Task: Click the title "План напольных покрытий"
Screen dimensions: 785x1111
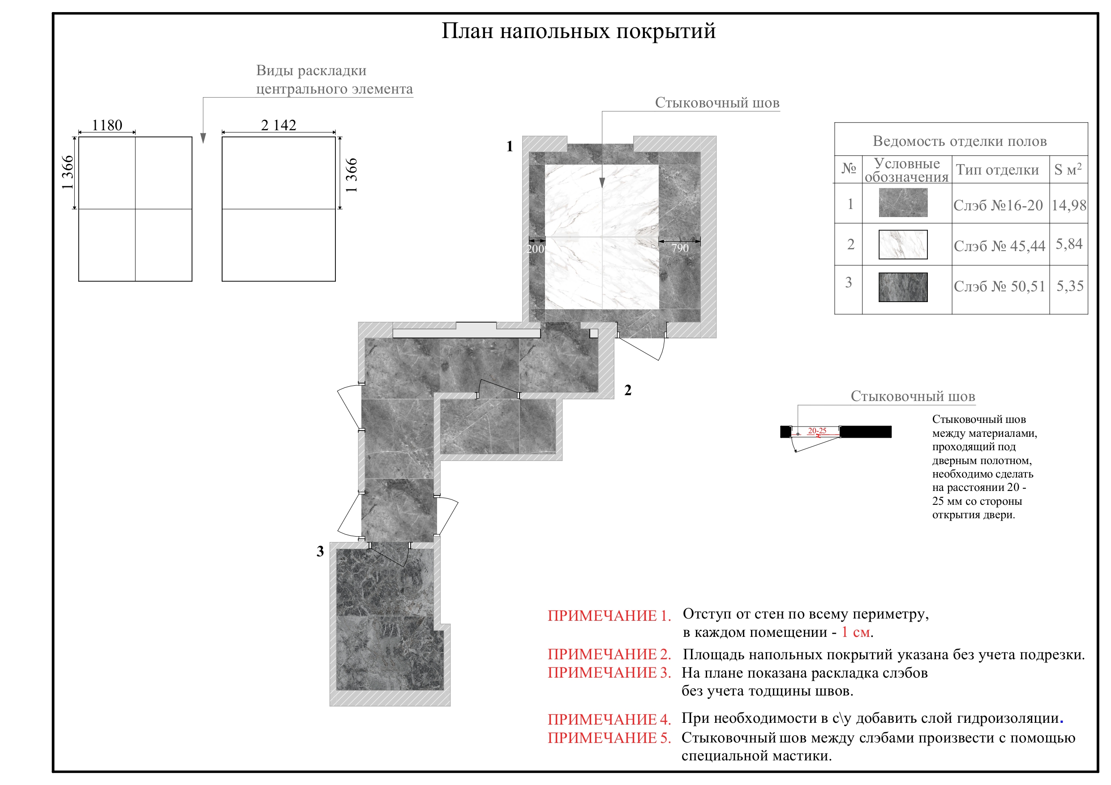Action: pyautogui.click(x=578, y=31)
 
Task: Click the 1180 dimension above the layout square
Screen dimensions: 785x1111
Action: pyautogui.click(x=107, y=125)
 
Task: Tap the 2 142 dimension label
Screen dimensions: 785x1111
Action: pyautogui.click(x=278, y=125)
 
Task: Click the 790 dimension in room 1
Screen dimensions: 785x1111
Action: pyautogui.click(x=679, y=248)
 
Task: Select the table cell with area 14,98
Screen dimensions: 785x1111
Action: pyautogui.click(x=1068, y=205)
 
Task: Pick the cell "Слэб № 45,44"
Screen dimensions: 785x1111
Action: pyautogui.click(x=999, y=246)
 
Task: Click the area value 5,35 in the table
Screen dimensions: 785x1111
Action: pyautogui.click(x=1069, y=286)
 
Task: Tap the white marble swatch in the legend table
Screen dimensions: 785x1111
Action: pyautogui.click(x=902, y=245)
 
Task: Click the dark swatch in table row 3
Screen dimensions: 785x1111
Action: pyautogui.click(x=902, y=287)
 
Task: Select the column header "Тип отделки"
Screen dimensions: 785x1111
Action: pyautogui.click(x=997, y=170)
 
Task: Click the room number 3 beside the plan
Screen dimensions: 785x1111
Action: pyautogui.click(x=320, y=551)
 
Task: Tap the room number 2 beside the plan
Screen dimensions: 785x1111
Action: pyautogui.click(x=628, y=390)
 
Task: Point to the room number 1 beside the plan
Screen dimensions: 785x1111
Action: pyautogui.click(x=510, y=146)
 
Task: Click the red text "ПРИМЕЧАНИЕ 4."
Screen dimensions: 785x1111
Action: pyautogui.click(x=609, y=720)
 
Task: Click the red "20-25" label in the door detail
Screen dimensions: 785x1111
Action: pyautogui.click(x=817, y=431)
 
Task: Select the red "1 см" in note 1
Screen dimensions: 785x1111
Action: pyautogui.click(x=856, y=632)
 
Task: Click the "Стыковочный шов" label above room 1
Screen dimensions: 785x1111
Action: pyautogui.click(x=716, y=103)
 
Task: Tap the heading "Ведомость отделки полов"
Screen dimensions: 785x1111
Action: pyautogui.click(x=960, y=141)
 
